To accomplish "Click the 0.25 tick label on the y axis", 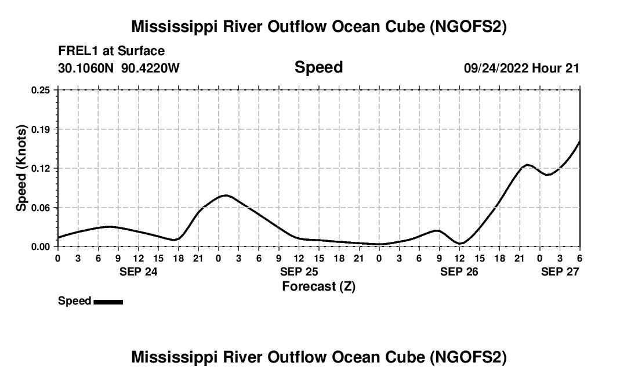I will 41,90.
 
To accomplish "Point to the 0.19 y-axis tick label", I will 41,129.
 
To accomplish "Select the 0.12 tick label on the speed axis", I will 41,168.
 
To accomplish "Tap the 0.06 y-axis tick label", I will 41,208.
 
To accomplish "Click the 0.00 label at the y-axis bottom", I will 41,246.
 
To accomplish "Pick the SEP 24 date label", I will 138,271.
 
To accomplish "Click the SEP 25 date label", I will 299,271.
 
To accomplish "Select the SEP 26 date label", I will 459,271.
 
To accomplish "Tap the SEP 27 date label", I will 560,271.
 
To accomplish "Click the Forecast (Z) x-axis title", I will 318,286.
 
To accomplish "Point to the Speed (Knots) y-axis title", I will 21,168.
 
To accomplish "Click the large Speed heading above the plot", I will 318,67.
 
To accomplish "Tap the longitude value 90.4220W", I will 151,68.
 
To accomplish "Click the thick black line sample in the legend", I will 108,302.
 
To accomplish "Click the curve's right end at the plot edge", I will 579,141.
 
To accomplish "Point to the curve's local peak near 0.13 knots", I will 527,165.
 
